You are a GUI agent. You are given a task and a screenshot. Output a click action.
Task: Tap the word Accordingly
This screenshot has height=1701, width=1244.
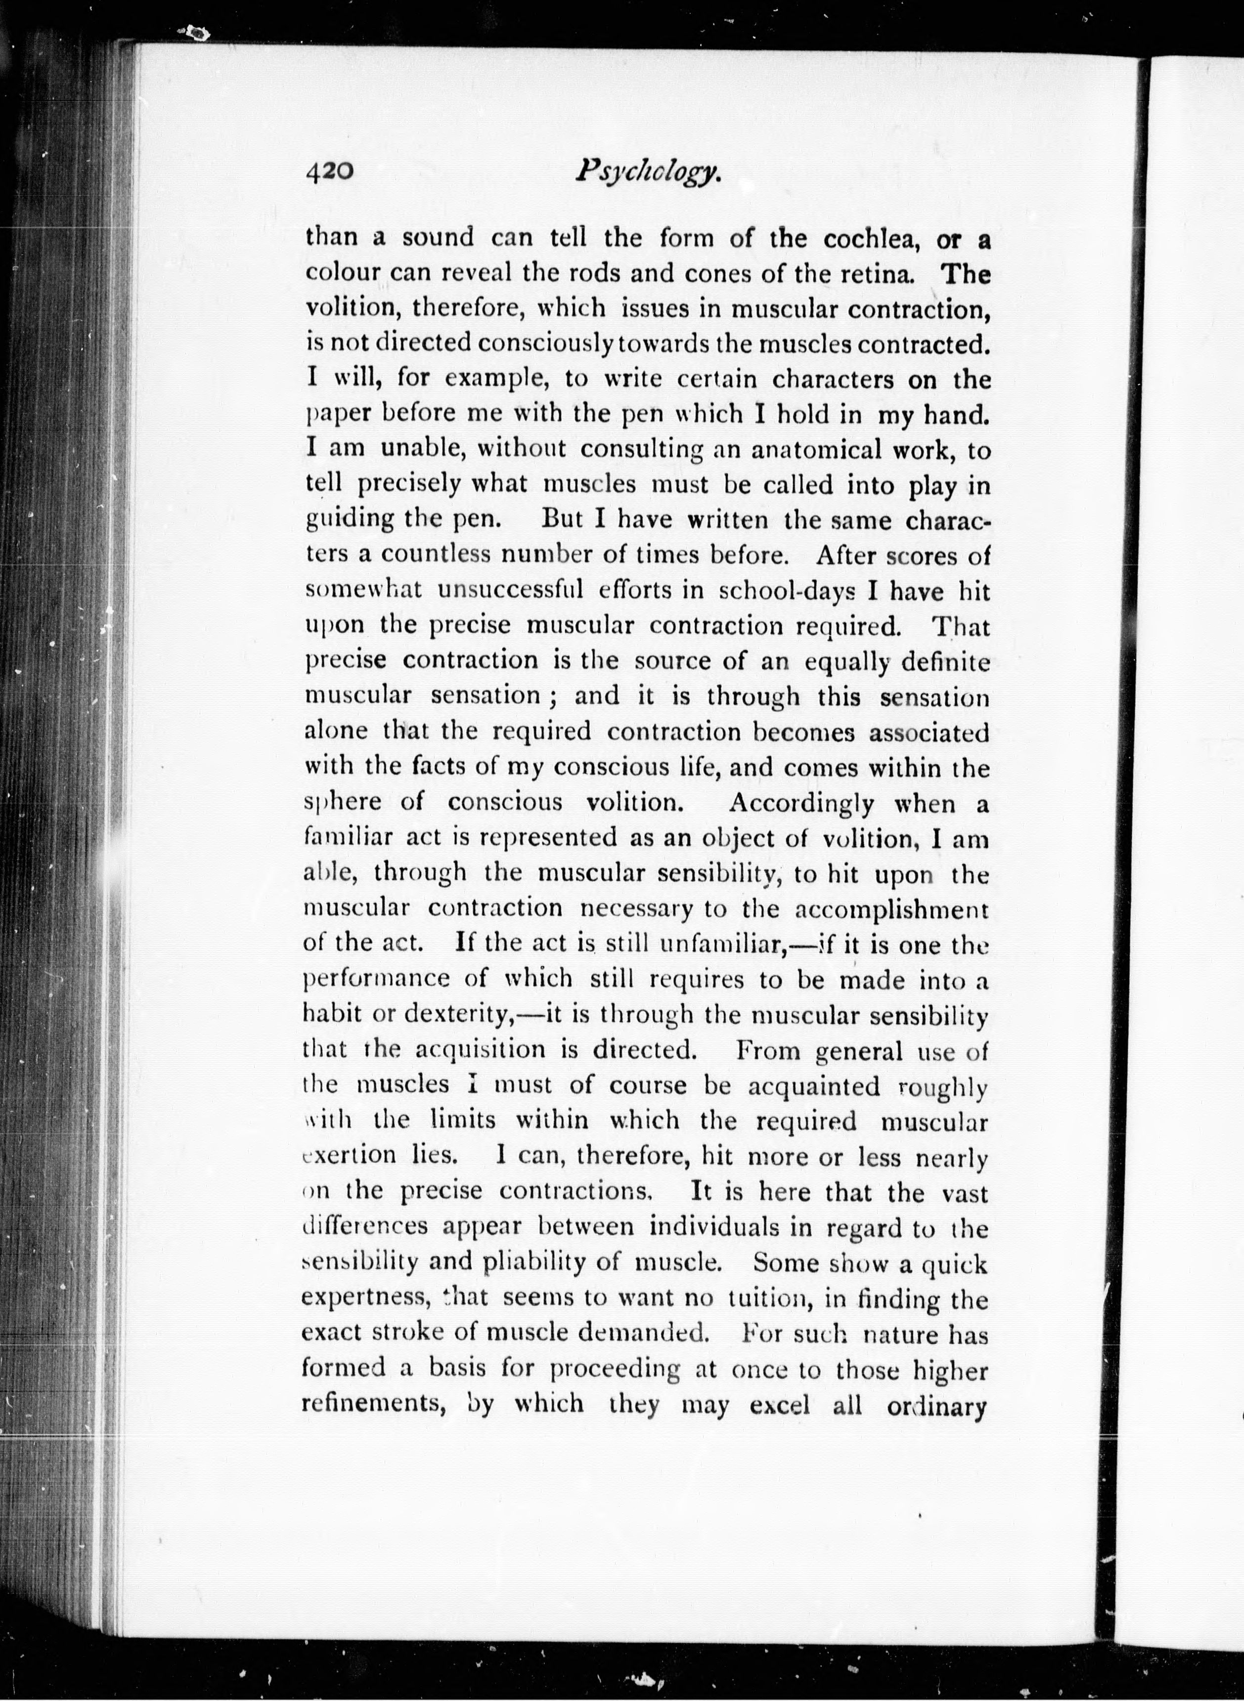click(801, 804)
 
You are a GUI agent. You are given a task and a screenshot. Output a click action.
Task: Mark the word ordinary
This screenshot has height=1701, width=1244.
click(937, 1406)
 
